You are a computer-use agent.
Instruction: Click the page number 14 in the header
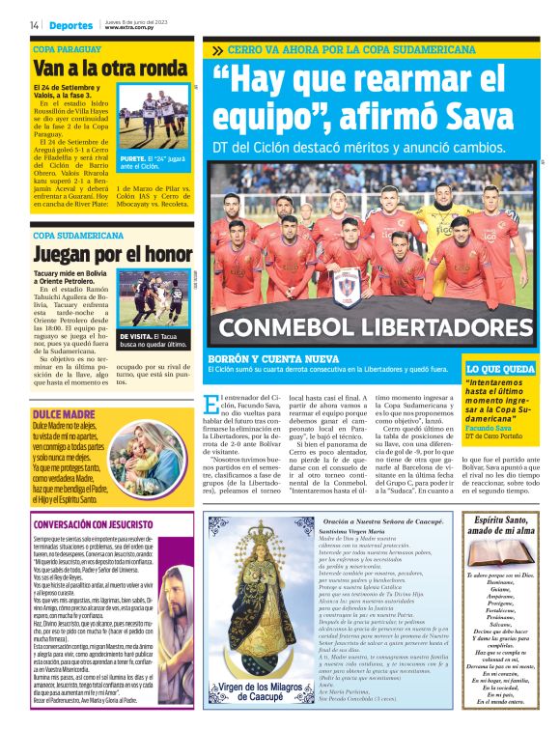pos(35,24)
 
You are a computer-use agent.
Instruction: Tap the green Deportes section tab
pos(71,24)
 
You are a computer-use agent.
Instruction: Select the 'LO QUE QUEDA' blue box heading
pos(500,368)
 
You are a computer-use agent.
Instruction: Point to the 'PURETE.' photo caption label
pos(134,157)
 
